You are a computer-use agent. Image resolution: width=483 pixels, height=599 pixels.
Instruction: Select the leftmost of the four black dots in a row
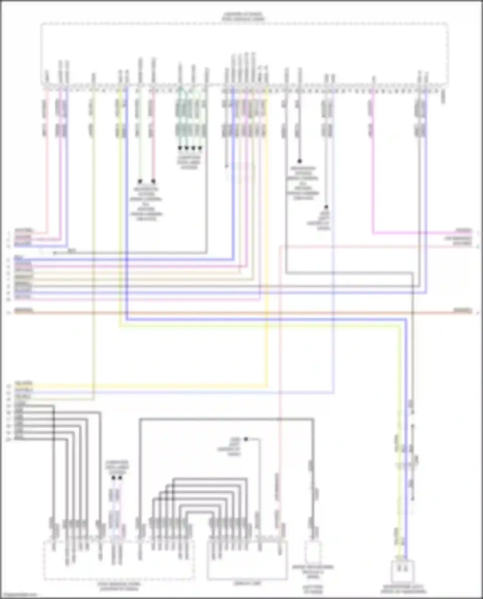click(180, 148)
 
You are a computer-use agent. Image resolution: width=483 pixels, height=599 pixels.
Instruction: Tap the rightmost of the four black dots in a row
click(200, 148)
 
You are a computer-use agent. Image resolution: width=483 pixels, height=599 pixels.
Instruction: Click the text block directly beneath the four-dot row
click(189, 163)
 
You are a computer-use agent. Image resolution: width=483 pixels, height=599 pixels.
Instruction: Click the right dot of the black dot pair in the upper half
click(153, 181)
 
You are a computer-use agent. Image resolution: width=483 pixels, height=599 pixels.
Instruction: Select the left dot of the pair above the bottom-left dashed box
click(113, 478)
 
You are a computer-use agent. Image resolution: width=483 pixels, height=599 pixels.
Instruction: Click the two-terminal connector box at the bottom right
click(402, 571)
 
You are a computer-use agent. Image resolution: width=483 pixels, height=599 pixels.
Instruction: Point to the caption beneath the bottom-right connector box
click(403, 589)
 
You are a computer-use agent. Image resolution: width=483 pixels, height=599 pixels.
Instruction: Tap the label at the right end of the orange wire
click(463, 311)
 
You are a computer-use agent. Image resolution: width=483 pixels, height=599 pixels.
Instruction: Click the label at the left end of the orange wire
click(24, 311)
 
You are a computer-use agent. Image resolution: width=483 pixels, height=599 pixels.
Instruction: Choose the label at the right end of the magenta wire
click(464, 231)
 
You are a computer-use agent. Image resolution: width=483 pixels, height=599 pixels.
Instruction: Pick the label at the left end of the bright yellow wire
click(24, 383)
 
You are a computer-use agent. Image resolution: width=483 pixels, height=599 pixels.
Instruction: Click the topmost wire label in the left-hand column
click(24, 230)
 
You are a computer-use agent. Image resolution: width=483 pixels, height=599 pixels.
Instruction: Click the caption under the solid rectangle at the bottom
click(247, 583)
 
